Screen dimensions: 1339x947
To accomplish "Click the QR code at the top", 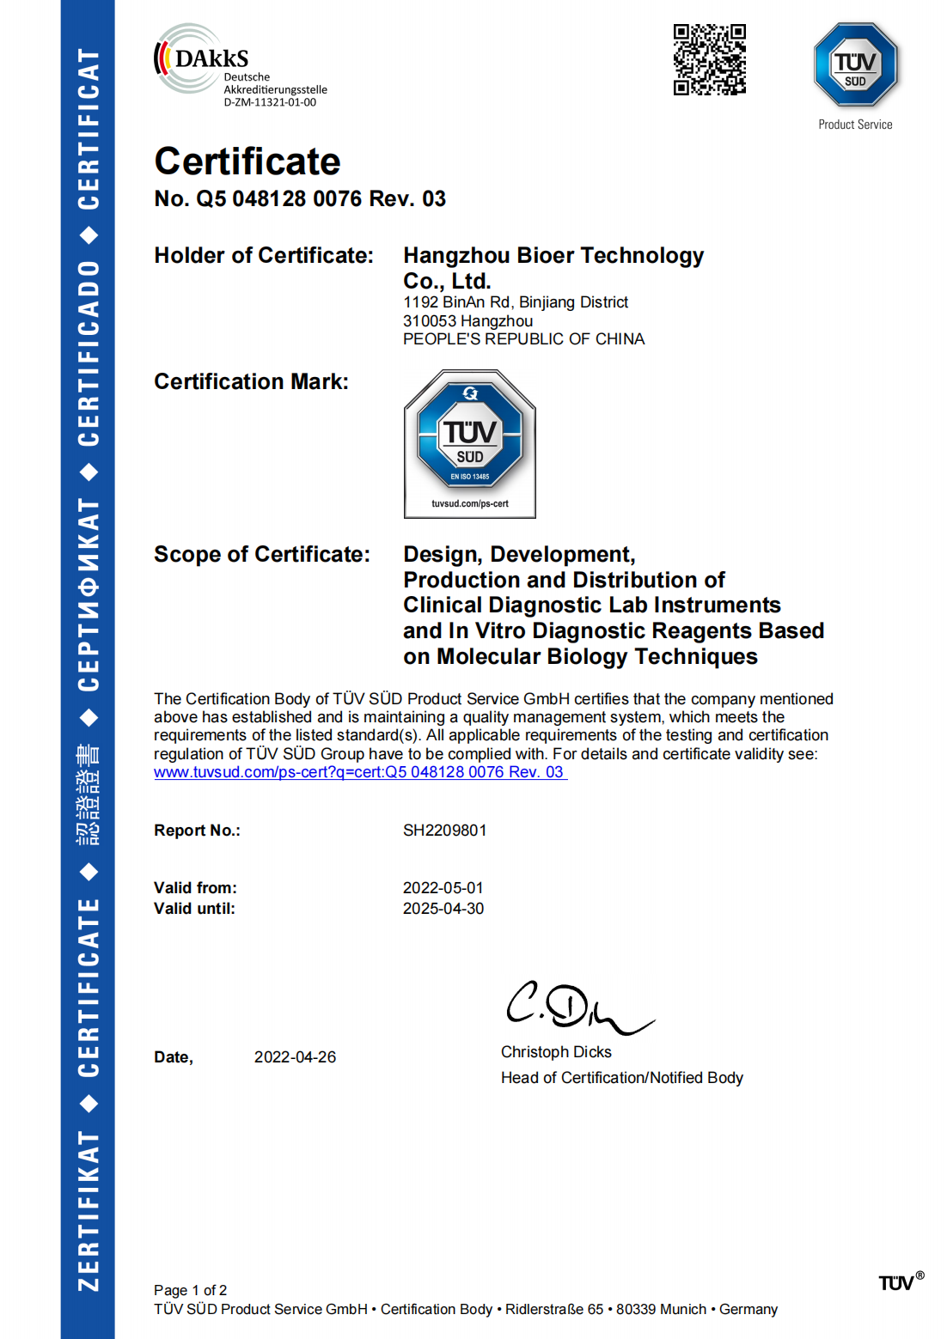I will pos(709,59).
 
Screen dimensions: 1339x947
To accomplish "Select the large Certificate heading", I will pos(247,161).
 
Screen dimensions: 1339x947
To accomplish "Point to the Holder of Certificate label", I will pos(264,256).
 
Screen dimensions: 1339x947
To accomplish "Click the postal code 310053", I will pos(430,321).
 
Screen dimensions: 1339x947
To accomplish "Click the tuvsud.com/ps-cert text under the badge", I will pos(469,504).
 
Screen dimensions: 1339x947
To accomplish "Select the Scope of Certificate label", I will pos(262,555).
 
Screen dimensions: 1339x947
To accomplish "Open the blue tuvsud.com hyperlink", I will pos(359,772).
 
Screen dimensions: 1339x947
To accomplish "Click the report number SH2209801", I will pos(444,831).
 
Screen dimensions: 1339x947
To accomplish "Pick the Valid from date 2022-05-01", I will pos(443,888).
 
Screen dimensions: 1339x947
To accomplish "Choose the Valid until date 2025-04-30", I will pos(443,909).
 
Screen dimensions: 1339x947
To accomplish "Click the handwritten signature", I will pos(574,1007).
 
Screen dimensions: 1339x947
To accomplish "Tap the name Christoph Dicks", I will pos(556,1052).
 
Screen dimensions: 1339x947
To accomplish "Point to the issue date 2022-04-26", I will pos(295,1057).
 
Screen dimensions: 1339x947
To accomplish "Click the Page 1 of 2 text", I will pos(190,1290).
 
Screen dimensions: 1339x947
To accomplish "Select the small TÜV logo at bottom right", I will pos(899,1282).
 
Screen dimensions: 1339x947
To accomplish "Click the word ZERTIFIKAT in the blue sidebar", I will pos(89,1210).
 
